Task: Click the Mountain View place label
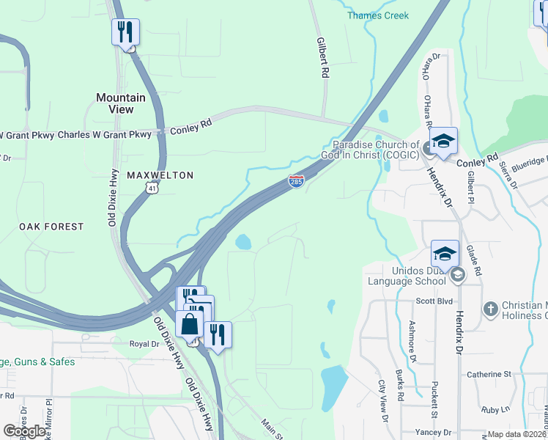[x=121, y=103]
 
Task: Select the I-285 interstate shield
[x=296, y=181]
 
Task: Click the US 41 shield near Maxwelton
[x=150, y=188]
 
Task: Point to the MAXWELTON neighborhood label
[x=160, y=175]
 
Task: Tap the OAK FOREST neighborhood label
[x=51, y=227]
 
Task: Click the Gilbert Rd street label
[x=321, y=59]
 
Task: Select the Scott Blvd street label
[x=435, y=301]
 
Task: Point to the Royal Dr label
[x=144, y=344]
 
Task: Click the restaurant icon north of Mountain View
[x=125, y=32]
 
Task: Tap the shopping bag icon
[x=189, y=324]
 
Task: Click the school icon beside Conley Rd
[x=443, y=141]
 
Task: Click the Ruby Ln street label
[x=495, y=409]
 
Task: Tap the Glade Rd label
[x=478, y=261]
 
